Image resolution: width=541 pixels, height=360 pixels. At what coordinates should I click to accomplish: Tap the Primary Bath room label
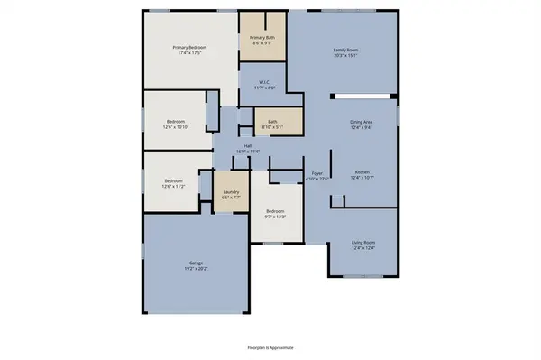(x=262, y=37)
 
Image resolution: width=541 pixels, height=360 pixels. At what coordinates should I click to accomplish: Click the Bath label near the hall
(x=271, y=121)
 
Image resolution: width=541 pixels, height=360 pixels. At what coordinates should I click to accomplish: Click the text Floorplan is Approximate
(x=270, y=346)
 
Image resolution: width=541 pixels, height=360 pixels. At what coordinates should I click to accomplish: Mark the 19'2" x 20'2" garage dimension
(x=196, y=270)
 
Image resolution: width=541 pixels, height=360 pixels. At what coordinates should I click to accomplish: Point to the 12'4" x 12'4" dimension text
(x=362, y=246)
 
